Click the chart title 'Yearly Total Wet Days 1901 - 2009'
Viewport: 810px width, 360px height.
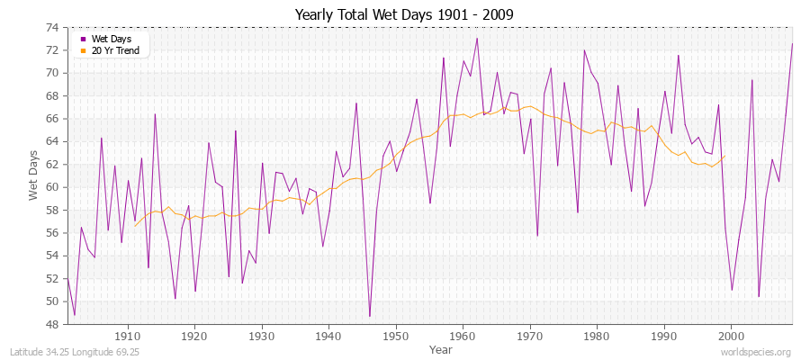click(x=404, y=14)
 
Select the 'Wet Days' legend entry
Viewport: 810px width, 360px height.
click(x=112, y=40)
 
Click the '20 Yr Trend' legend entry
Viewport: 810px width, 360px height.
click(x=116, y=50)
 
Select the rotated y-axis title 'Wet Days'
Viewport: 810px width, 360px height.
click(x=33, y=175)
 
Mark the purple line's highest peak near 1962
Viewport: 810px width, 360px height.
click(x=476, y=38)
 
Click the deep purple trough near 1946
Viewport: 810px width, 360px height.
click(x=369, y=316)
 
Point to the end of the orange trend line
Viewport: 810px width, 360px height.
click(x=724, y=157)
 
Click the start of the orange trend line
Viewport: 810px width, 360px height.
click(x=135, y=226)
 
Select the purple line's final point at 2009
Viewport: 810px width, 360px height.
click(x=792, y=43)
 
